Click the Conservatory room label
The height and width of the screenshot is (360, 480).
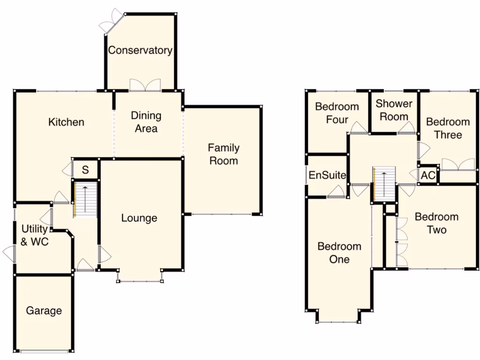pos(140,50)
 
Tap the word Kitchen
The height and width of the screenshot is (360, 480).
pos(67,122)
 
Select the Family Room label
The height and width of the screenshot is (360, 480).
pos(224,155)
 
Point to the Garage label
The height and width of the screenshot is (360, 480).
pos(44,311)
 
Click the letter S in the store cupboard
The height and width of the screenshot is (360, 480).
pos(85,170)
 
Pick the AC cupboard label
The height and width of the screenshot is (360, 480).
pos(428,176)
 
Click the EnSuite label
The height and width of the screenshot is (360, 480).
pos(327,176)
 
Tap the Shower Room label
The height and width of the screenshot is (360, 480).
pos(394,110)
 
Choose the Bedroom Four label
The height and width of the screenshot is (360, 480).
pos(337,113)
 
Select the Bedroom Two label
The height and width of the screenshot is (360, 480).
pos(436,224)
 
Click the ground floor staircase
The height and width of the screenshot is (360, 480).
pos(85,199)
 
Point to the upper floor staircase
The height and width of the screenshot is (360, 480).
pos(385,184)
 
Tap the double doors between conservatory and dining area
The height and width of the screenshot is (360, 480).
pos(145,85)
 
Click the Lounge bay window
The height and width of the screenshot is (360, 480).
pos(140,280)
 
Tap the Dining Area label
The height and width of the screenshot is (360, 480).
pos(146,122)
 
